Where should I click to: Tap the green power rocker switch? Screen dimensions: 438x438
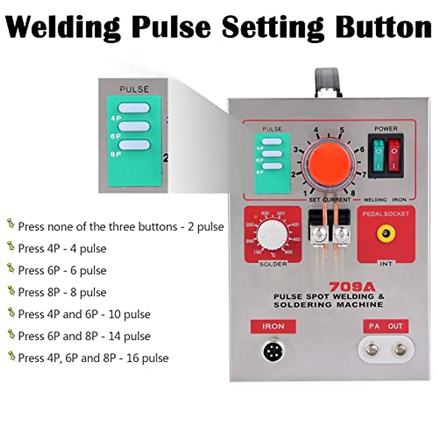pos(379,155)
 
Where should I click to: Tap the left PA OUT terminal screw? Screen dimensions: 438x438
pos(372,349)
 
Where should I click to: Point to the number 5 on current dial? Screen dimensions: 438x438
pos(342,130)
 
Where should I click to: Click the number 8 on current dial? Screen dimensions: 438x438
pos(353,193)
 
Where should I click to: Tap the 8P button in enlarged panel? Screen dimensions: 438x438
pos(134,145)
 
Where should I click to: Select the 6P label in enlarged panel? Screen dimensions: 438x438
pos(115,136)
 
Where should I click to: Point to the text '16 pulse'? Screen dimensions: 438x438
pos(147,358)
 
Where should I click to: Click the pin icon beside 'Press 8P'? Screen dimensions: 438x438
pos(11,291)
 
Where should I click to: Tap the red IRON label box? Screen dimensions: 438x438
pos(273,326)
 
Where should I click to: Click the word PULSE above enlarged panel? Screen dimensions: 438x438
pos(134,89)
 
